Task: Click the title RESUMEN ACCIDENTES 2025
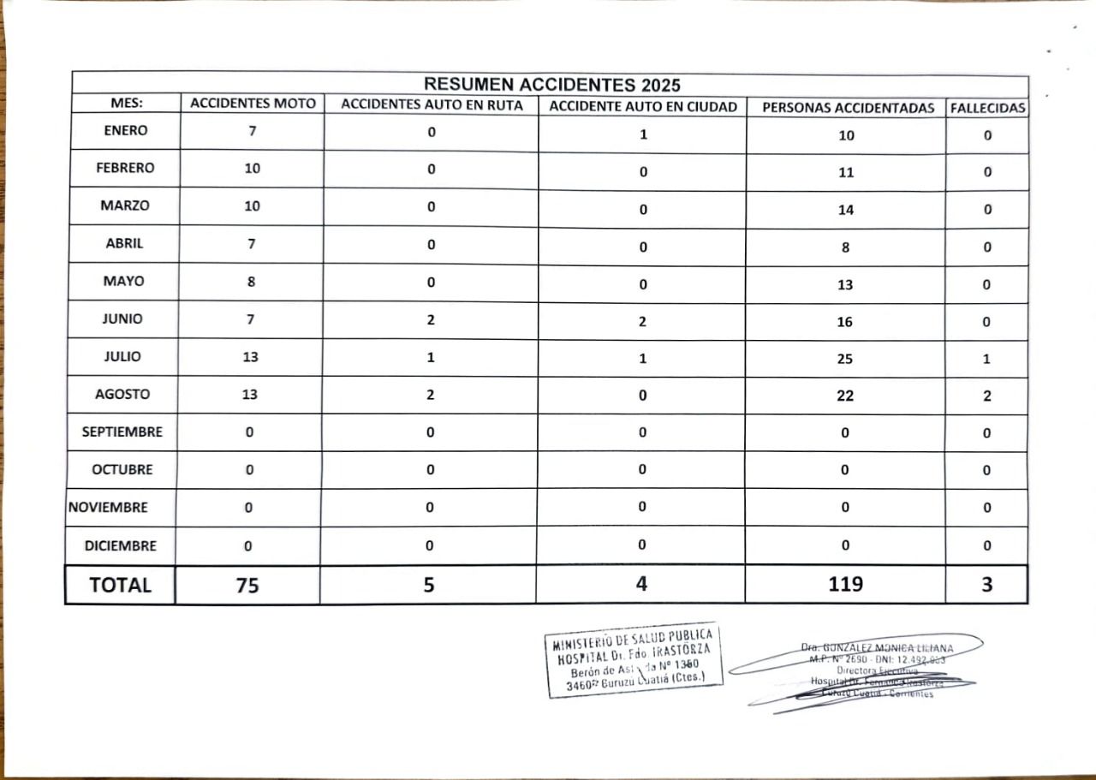click(552, 84)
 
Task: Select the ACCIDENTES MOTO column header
click(253, 104)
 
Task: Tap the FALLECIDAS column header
click(987, 109)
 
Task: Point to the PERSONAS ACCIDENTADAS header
click(846, 108)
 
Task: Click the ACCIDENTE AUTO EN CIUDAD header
click(643, 107)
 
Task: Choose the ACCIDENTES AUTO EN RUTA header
click(432, 104)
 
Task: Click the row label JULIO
click(122, 356)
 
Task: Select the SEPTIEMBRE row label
click(122, 432)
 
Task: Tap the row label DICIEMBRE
click(121, 545)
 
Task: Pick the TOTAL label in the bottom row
click(120, 585)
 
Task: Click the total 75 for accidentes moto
click(247, 586)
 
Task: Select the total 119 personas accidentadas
click(845, 585)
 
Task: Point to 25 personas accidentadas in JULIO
click(845, 359)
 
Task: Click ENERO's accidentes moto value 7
click(252, 131)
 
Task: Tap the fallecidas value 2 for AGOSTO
click(987, 396)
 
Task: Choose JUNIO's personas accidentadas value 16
click(845, 322)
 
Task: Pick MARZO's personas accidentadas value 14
click(846, 210)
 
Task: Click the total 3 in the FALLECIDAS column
click(987, 585)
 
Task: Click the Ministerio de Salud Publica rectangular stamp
click(634, 660)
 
